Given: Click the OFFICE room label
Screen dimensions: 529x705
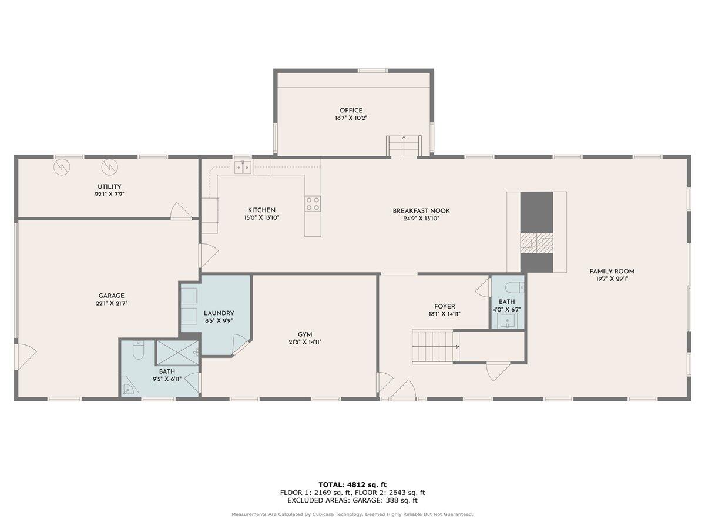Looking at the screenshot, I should [351, 111].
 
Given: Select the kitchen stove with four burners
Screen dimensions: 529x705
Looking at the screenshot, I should [313, 203].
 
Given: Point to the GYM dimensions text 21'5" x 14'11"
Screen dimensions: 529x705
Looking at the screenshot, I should [305, 342].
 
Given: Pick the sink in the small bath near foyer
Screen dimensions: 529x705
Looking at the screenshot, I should [507, 320].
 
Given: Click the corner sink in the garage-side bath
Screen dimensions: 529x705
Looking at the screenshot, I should [128, 389].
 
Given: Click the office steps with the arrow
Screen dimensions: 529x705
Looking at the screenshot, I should [404, 145].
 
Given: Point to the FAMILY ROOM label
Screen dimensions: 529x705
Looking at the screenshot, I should [612, 272].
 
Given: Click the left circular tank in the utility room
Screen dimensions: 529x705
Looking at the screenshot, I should [62, 168].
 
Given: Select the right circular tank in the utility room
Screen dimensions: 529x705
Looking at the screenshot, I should [109, 168].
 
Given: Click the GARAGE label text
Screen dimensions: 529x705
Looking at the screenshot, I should [111, 296].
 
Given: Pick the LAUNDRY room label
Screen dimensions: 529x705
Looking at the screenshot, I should [219, 313].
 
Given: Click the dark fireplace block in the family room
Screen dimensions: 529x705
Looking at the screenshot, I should [537, 212].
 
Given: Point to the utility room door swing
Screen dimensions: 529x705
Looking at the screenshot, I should [180, 210].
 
